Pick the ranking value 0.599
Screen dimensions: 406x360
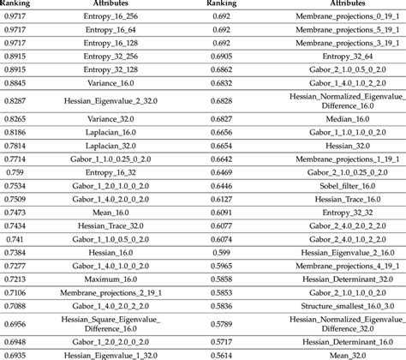click(222, 252)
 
